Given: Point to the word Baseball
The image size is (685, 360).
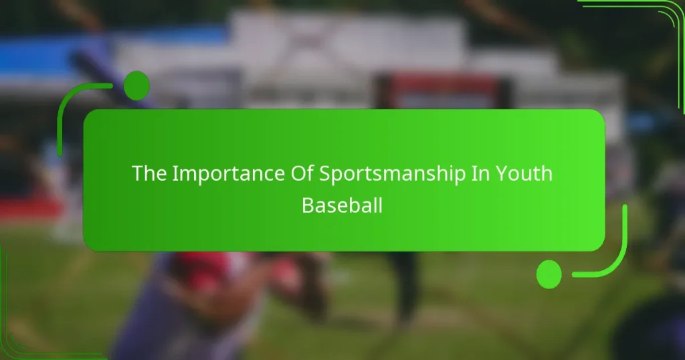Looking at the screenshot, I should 342,205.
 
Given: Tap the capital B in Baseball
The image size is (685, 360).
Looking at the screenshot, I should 308,205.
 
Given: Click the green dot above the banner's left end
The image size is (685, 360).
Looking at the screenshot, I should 136,85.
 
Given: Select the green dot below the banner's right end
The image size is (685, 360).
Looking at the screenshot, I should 549,274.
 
